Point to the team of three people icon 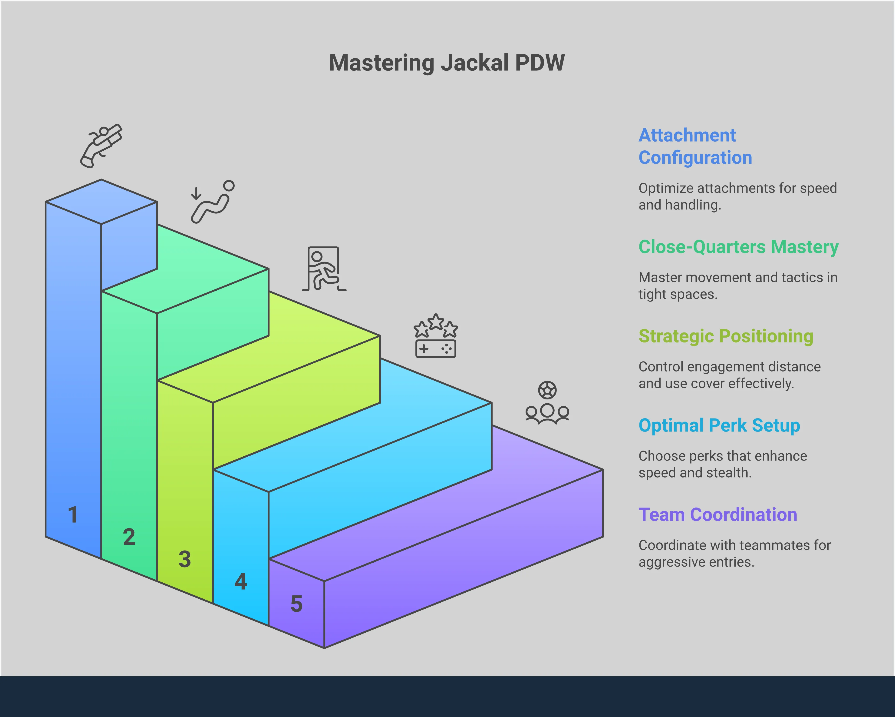tap(547, 413)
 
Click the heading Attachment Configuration tap(695, 146)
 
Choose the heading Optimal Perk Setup tap(719, 425)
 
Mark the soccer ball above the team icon tap(547, 390)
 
